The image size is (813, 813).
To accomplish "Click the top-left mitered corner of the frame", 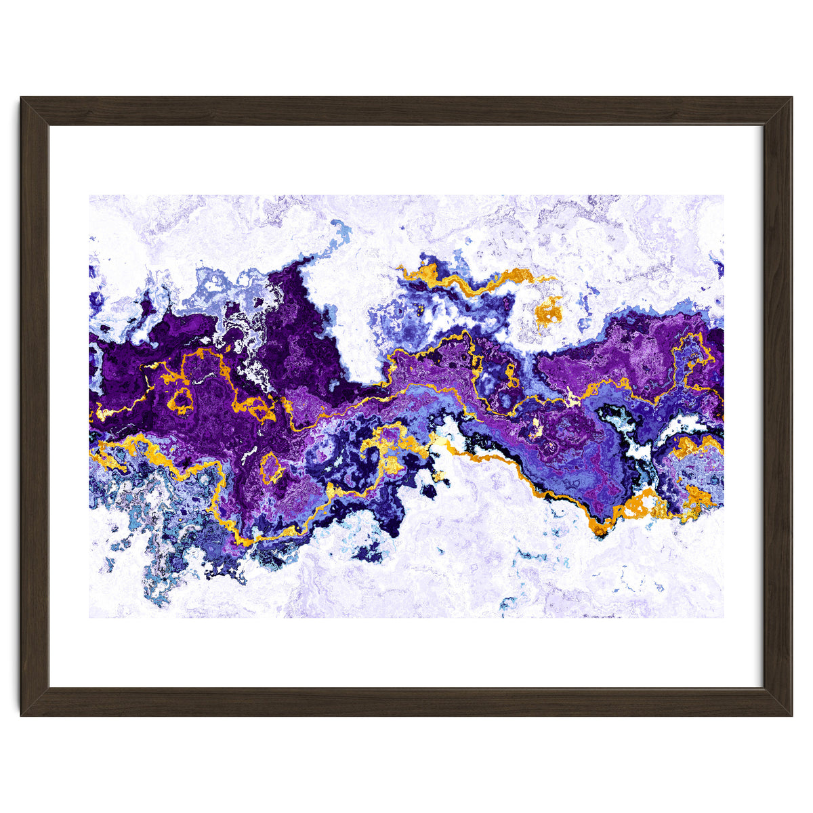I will pyautogui.click(x=35, y=111).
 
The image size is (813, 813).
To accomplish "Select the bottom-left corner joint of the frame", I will pyautogui.click(x=35, y=702).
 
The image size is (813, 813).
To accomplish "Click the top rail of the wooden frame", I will pyautogui.click(x=406, y=111).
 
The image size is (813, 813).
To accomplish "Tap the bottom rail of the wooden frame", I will pyautogui.click(x=406, y=702).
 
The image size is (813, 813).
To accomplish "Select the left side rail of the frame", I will pyautogui.click(x=35, y=406).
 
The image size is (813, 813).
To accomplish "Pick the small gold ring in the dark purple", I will pyautogui.click(x=181, y=400).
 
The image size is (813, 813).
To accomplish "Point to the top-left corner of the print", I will pyautogui.click(x=90, y=196).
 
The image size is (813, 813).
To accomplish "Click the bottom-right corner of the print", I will pyautogui.click(x=723, y=617).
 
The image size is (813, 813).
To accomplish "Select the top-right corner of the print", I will pyautogui.click(x=723, y=196).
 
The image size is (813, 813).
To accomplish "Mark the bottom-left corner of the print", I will pyautogui.click(x=90, y=617).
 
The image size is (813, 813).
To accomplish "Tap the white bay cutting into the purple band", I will pyautogui.click(x=342, y=325).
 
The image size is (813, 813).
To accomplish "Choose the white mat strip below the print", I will pyautogui.click(x=406, y=652).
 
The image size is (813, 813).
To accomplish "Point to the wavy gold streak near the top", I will pyautogui.click(x=474, y=281).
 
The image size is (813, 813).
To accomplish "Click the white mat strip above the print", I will pyautogui.click(x=406, y=161).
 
